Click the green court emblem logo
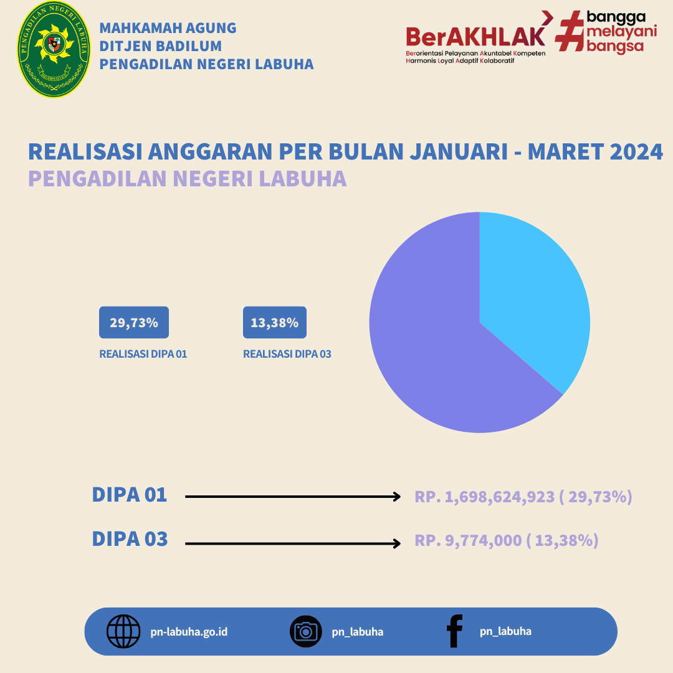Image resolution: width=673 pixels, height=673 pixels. [54, 49]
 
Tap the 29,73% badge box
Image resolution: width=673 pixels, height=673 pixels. [134, 322]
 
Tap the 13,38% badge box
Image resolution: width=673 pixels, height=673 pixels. [275, 322]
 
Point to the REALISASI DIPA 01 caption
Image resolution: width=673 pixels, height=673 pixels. [143, 354]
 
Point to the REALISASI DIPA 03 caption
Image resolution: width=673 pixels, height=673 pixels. [287, 354]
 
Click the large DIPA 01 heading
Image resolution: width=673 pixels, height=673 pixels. [130, 494]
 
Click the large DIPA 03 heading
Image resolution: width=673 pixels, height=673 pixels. [130, 538]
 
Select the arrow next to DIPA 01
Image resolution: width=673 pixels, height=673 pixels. [293, 497]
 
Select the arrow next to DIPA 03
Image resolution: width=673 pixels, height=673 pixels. [293, 544]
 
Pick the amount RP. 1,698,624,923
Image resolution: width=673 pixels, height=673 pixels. [485, 497]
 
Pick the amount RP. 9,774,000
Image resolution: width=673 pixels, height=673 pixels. [468, 540]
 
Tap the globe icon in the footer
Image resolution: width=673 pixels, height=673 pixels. [123, 631]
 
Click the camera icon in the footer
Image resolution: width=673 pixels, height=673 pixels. [305, 631]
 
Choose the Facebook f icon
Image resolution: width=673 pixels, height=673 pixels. [454, 631]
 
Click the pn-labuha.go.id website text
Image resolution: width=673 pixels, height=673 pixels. [189, 632]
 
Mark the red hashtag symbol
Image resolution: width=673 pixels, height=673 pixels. [570, 31]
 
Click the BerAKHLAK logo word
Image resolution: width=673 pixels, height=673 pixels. [475, 37]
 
